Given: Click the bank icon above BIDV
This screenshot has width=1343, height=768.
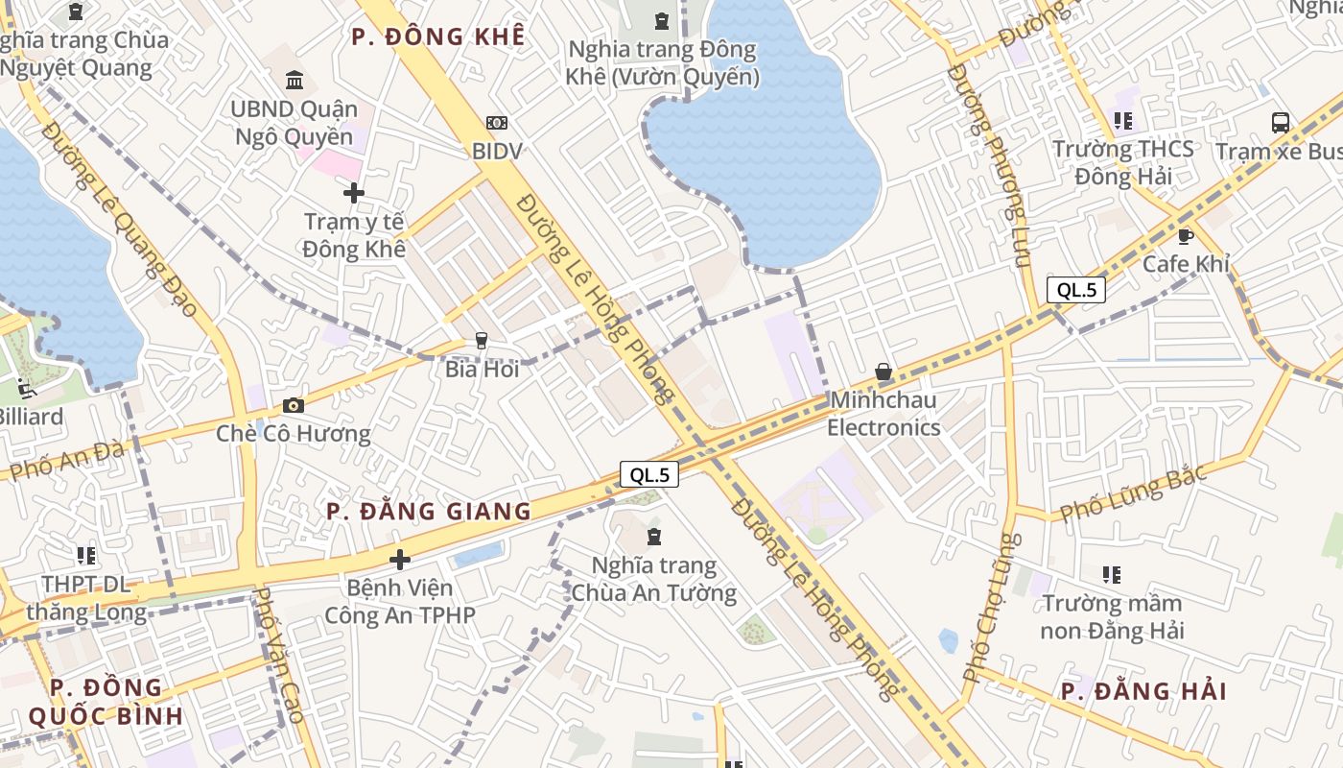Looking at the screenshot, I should point(497,123).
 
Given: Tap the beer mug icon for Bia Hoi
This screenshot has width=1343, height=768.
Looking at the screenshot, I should point(482,341).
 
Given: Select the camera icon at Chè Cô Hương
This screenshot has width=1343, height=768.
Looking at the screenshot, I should point(294,405).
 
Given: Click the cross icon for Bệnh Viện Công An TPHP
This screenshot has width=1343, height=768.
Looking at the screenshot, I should point(400,559).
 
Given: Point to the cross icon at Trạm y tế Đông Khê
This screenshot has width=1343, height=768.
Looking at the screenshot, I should point(354,193).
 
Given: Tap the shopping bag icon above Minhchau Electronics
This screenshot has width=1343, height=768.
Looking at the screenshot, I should point(884,372).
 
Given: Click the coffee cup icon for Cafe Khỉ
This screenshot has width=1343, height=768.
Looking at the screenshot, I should point(1186,236).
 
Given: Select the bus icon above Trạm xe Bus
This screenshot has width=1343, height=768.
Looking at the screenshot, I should point(1280,123).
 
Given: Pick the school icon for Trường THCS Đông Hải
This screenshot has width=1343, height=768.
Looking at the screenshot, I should point(1123,121).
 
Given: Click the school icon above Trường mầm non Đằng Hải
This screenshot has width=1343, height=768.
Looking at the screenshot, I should point(1112,575).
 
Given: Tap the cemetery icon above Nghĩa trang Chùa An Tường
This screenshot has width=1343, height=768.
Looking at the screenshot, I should point(654,536).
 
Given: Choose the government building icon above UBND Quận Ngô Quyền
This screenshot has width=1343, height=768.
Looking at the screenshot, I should point(295,80).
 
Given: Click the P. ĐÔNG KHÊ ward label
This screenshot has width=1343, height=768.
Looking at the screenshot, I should point(438,37).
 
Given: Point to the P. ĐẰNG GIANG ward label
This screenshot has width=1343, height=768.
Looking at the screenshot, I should point(429,511).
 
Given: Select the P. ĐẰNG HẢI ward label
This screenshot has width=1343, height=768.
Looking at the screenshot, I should point(1144,691).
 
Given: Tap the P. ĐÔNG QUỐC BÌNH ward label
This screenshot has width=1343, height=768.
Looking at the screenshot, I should point(106,702).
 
